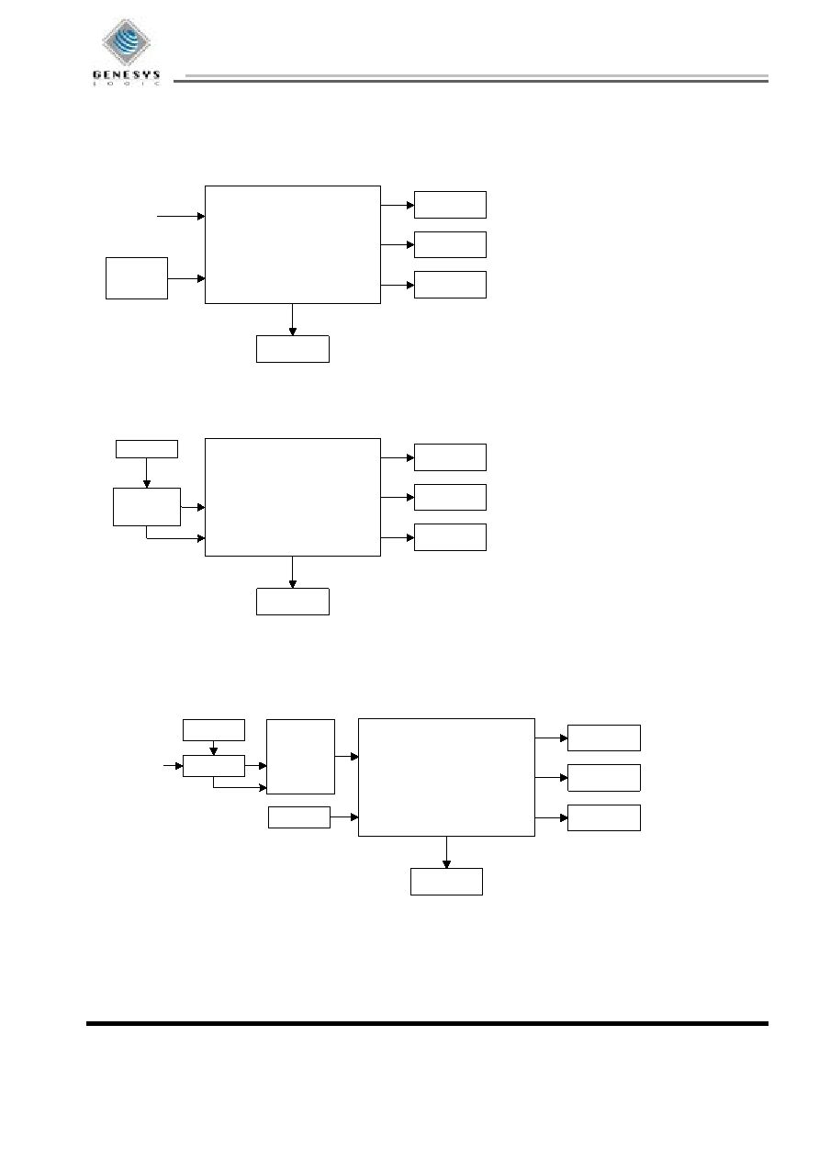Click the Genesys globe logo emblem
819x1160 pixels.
click(127, 41)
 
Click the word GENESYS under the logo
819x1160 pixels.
click(127, 74)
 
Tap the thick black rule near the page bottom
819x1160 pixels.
click(427, 1023)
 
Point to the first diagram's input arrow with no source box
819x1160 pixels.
click(181, 216)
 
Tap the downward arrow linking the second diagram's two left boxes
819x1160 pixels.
click(147, 473)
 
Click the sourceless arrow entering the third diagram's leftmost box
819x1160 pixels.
click(173, 765)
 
